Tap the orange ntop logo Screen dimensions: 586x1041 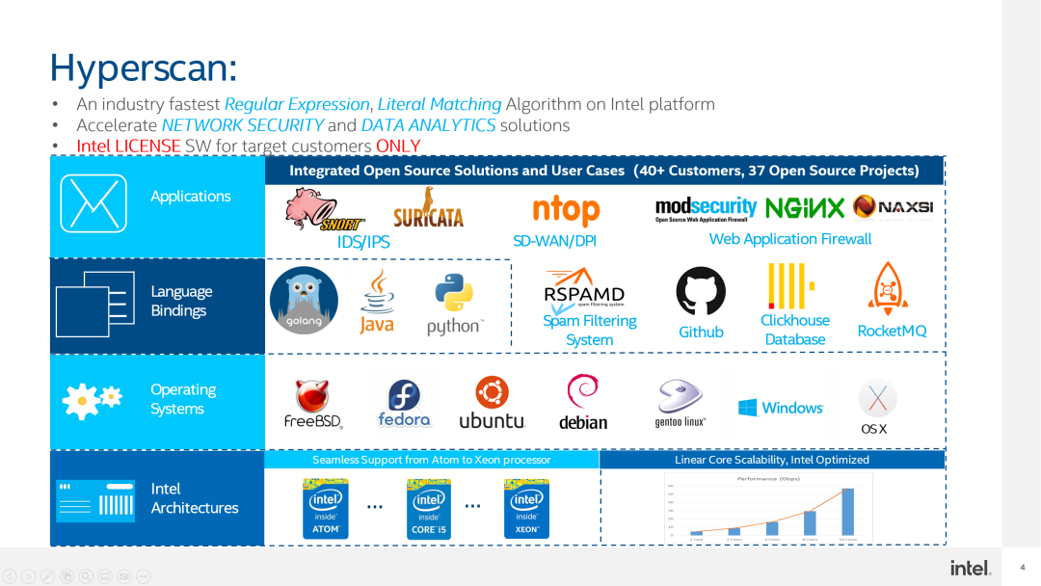[x=566, y=209]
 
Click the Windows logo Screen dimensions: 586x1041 [x=781, y=408]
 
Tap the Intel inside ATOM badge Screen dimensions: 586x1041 [x=326, y=510]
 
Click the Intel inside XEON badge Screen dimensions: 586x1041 [x=527, y=510]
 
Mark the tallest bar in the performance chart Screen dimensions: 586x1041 [x=847, y=511]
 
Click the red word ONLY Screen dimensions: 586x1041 [x=398, y=146]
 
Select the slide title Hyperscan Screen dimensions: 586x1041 [x=143, y=67]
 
